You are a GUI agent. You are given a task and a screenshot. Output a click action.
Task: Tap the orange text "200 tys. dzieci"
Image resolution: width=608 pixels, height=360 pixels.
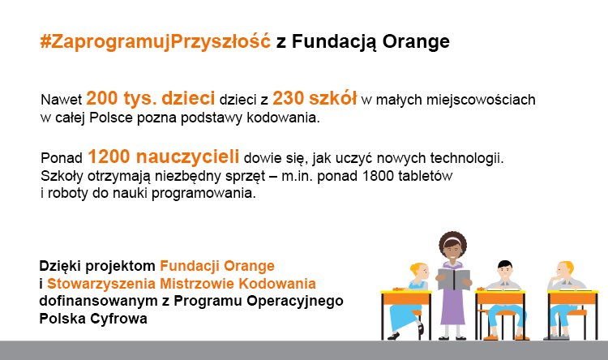tap(150, 99)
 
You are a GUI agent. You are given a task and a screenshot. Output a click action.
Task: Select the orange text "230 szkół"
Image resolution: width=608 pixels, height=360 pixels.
tap(315, 99)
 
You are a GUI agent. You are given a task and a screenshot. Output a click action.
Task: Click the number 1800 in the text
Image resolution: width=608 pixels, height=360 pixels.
tap(390, 176)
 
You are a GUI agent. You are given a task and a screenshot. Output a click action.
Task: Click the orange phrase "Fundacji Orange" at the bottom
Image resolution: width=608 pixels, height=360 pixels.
tap(217, 266)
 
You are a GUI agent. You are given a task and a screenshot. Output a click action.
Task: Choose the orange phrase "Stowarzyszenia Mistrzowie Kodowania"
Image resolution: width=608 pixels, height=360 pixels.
tap(182, 284)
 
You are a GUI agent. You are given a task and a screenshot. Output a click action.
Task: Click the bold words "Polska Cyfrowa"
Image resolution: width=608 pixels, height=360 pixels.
tap(94, 319)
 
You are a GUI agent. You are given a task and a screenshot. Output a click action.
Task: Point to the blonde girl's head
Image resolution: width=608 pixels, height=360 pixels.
tap(417, 270)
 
